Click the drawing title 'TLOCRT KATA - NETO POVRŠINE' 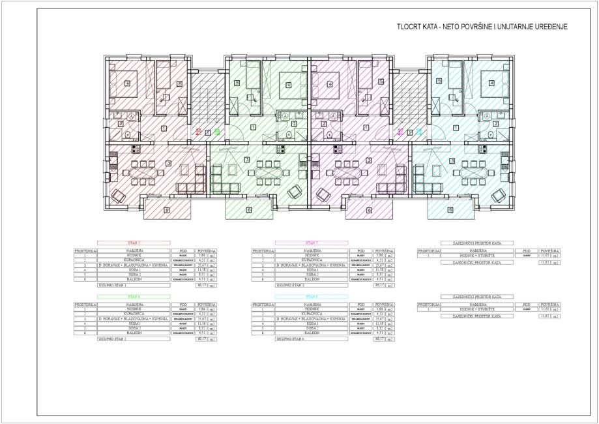[x=482, y=27]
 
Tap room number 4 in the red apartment [x=128, y=83]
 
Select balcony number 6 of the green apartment [x=249, y=209]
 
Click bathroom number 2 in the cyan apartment [x=496, y=124]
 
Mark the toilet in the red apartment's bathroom [x=128, y=134]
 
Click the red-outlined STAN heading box [x=134, y=243]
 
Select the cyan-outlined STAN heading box [x=311, y=296]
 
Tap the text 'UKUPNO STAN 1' [x=113, y=285]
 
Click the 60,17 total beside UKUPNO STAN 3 [x=379, y=285]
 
